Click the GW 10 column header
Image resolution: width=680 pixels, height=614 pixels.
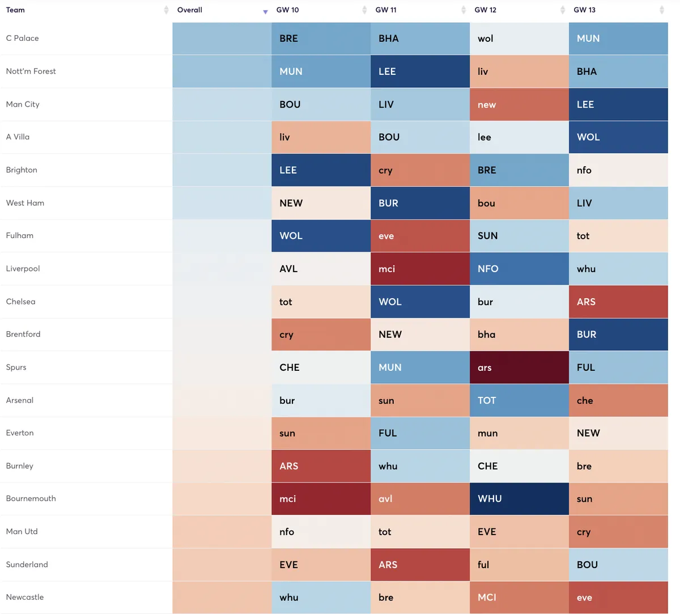(x=288, y=10)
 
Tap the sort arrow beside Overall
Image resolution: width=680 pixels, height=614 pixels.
(x=265, y=11)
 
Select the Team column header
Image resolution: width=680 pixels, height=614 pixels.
(x=15, y=10)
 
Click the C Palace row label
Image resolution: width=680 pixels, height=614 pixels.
(x=23, y=38)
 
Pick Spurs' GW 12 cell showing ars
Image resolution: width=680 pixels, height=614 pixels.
(x=519, y=367)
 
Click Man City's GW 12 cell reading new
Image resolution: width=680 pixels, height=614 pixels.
(x=519, y=104)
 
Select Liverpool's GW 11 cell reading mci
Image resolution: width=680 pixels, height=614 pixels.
(x=420, y=269)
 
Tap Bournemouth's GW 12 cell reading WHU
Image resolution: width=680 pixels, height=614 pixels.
(x=519, y=499)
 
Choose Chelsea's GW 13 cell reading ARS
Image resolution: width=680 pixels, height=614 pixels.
(x=618, y=302)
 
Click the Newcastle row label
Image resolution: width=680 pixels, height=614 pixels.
(x=25, y=597)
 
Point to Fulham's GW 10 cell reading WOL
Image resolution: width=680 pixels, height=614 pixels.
(x=321, y=236)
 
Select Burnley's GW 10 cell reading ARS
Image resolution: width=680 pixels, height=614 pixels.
(x=321, y=466)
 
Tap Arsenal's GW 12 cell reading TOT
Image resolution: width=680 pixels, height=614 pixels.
(x=519, y=400)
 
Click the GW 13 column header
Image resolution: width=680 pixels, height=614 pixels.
(x=585, y=10)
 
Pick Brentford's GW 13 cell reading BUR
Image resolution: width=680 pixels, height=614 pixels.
(x=618, y=334)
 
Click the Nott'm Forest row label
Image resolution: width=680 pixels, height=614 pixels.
(x=31, y=71)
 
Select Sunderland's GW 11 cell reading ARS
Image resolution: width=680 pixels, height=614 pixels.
(x=420, y=565)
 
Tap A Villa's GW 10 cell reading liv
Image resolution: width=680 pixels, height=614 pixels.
(x=321, y=137)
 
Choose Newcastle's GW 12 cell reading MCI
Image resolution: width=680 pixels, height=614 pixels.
(x=519, y=597)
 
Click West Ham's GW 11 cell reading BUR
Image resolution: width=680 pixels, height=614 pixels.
(x=420, y=203)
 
